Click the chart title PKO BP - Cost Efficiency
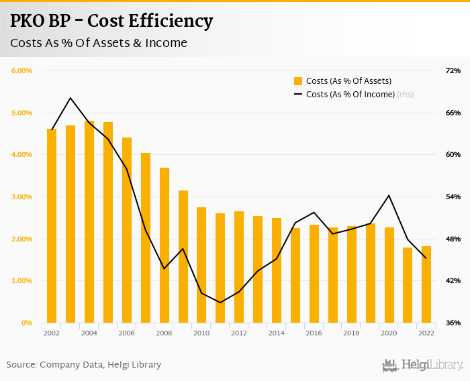point(111,21)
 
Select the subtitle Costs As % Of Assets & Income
point(98,43)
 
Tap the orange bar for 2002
point(52,225)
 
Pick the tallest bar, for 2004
point(89,221)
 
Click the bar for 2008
point(164,245)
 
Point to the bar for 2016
point(314,274)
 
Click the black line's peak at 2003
point(70,98)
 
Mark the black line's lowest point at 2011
point(220,303)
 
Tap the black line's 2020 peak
point(389,195)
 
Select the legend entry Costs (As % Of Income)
point(350,95)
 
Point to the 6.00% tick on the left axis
point(22,70)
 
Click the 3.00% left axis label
point(22,197)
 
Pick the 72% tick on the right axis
point(453,70)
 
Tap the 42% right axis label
point(453,280)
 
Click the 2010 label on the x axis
point(201,333)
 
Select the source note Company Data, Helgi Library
point(84,364)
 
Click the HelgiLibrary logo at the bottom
point(423,365)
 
